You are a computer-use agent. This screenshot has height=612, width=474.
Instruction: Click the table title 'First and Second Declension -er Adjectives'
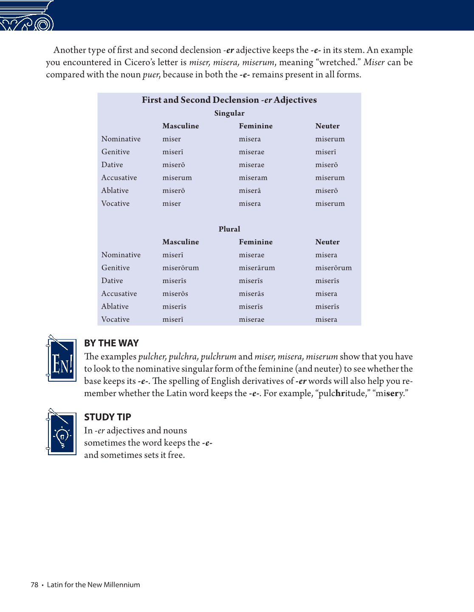point(229,100)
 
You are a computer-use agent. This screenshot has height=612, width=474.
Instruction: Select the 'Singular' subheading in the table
point(229,113)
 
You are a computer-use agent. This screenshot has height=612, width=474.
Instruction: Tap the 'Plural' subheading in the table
point(229,229)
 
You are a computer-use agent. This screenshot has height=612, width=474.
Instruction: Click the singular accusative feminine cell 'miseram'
point(253,178)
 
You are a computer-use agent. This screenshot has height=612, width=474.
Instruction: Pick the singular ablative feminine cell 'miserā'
point(250,191)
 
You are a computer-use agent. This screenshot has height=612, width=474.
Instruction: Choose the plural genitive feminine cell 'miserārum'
point(257,268)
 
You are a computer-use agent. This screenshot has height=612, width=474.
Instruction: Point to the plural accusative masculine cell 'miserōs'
point(175,294)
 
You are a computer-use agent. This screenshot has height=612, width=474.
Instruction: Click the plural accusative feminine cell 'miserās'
point(251,294)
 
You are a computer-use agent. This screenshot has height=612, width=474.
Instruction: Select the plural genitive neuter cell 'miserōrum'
point(333,268)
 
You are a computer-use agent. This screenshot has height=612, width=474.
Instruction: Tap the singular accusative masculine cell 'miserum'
point(177,178)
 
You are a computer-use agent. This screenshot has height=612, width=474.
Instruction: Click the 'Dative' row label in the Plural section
point(112,281)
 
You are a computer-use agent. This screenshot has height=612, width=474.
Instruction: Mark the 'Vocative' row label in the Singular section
point(116,204)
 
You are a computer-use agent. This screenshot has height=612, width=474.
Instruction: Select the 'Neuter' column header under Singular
point(327,126)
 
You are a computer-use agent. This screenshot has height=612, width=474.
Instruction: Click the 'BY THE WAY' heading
point(111,343)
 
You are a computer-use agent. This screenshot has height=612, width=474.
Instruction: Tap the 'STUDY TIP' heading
point(107,417)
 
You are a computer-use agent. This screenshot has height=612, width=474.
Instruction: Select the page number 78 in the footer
point(34,585)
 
